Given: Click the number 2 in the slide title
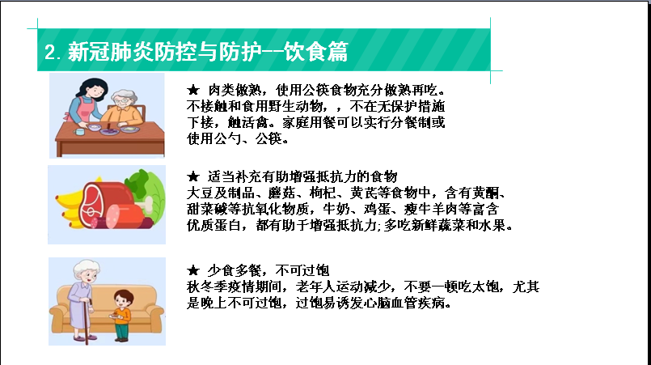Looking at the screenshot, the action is pos(50,53).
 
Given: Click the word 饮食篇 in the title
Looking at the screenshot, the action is pos(316,52).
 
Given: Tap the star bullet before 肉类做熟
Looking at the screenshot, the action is pos(193,90).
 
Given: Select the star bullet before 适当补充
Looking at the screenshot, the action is pos(193,176).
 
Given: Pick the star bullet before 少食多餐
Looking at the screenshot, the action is pos(193,270).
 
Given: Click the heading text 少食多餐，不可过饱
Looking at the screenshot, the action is pos(268,270).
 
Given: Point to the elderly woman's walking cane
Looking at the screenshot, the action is pos(87,320).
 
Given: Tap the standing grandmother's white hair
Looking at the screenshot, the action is pos(86,267).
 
